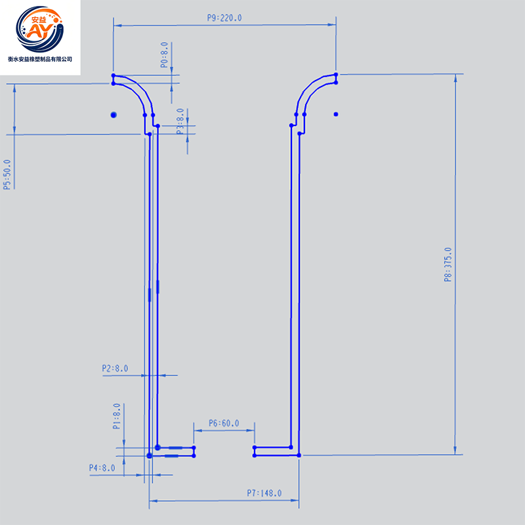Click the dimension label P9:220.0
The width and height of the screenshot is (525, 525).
224,18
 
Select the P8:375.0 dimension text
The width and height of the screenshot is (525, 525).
448,264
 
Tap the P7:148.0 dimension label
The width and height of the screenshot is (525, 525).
264,493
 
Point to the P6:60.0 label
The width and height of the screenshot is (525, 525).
224,423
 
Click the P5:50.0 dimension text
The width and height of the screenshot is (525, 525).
7,175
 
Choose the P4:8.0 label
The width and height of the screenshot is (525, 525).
102,468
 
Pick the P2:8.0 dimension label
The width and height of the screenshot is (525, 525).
115,368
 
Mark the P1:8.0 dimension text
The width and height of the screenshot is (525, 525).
117,416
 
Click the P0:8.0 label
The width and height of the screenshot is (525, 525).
164,55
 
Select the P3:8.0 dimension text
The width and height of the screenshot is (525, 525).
180,121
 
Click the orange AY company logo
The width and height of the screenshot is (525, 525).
40,29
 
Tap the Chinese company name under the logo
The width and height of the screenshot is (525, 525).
40,59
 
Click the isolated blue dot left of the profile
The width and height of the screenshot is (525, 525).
114,115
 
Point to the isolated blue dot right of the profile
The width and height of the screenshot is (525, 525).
336,114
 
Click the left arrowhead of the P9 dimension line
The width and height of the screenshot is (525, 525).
117,25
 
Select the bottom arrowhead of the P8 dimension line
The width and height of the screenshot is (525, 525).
455,450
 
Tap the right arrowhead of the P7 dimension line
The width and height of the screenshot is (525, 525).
295,501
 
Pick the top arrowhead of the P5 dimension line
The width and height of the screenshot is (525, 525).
14,88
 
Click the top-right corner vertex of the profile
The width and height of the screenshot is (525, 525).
336,74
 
